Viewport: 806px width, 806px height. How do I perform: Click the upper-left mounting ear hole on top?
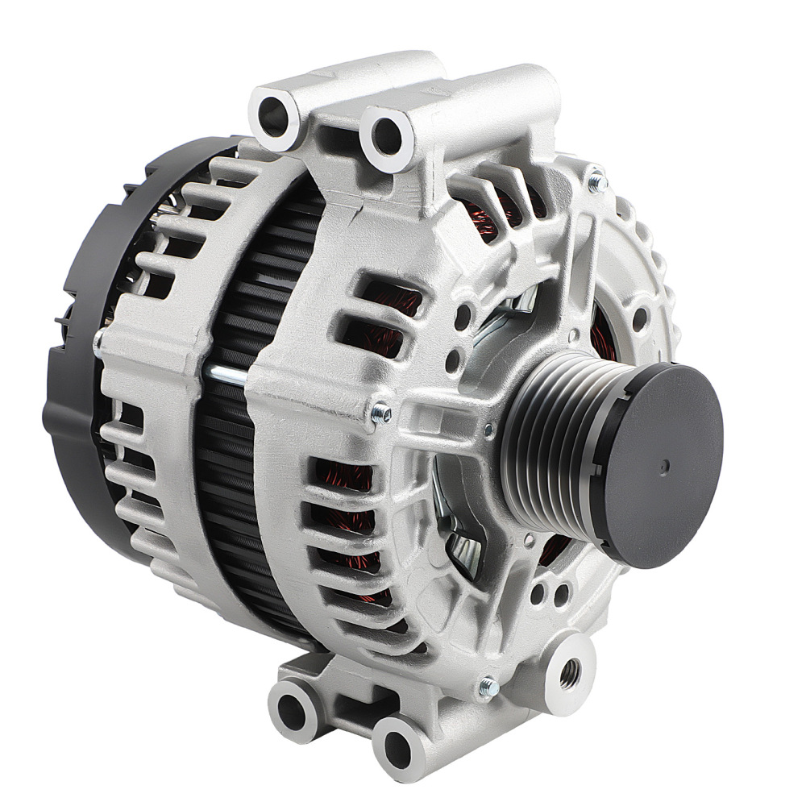(274, 113)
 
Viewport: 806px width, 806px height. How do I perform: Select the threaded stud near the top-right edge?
(597, 184)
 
